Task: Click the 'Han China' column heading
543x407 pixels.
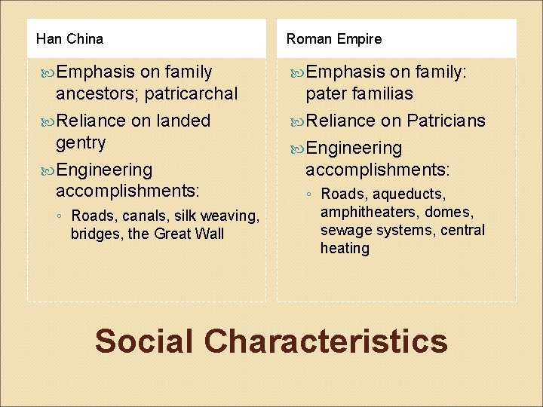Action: [69, 38]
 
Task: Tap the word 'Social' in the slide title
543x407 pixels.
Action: [144, 341]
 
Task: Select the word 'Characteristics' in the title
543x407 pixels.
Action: [326, 341]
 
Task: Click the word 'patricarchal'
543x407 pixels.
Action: [190, 94]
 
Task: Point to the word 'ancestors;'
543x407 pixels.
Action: [97, 94]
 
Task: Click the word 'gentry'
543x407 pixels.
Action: [81, 142]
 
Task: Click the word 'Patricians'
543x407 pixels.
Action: [446, 121]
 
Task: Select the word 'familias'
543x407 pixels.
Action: [381, 94]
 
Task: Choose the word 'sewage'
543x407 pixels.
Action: [344, 231]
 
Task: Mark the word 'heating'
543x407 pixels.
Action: [345, 249]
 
